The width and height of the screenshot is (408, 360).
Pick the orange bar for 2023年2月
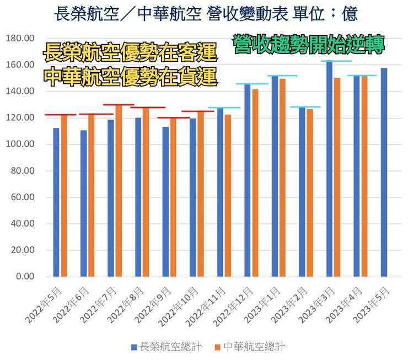tap(310, 192)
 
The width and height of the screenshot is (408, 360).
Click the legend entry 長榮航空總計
tap(166, 347)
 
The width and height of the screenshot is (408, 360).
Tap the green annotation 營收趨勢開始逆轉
tap(308, 44)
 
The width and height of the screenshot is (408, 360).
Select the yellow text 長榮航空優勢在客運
tap(130, 55)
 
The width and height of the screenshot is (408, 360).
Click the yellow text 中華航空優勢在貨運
tap(130, 77)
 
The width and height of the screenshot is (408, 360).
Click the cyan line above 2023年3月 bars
tap(336, 61)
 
